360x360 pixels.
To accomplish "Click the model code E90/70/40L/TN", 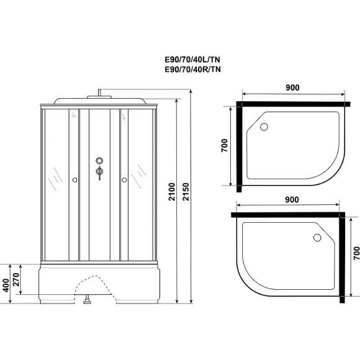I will (x=192, y=60).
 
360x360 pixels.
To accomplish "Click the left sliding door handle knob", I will (x=74, y=180).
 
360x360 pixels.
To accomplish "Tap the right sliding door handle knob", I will (x=124, y=180).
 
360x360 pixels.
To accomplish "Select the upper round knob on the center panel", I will (x=99, y=161).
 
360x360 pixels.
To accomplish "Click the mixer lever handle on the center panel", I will (x=99, y=172).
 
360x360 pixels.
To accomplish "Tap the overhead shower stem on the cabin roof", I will (x=98, y=94).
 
